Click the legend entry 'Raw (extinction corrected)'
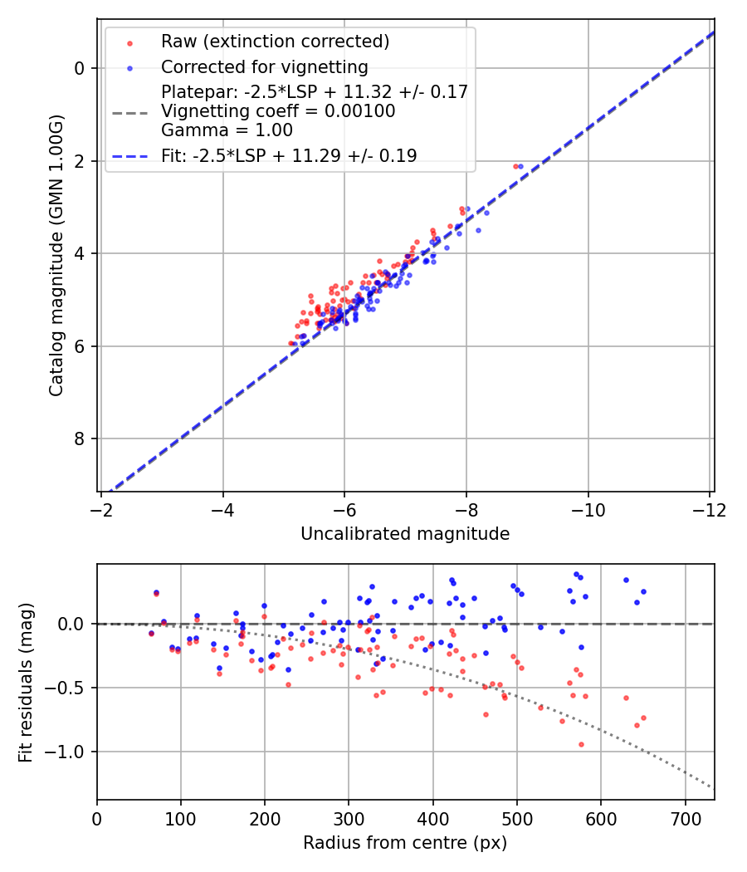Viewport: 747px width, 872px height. pyautogui.click(x=275, y=42)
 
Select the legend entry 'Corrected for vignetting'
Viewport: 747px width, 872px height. pyautogui.click(x=264, y=66)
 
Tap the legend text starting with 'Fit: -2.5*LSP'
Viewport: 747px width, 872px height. pyautogui.click(x=289, y=155)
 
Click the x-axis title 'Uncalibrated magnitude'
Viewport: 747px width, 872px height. pyautogui.click(x=405, y=534)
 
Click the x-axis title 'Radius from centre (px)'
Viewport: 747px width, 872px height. pyautogui.click(x=405, y=843)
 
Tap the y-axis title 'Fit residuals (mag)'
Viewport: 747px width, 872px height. pyautogui.click(x=27, y=682)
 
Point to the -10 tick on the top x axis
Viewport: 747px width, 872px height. pyautogui.click(x=588, y=509)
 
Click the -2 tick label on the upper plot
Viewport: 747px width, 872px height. pyautogui.click(x=101, y=509)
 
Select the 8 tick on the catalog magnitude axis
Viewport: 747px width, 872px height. pyautogui.click(x=80, y=438)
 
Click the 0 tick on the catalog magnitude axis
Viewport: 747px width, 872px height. pyautogui.click(x=80, y=68)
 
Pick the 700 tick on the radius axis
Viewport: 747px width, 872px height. pyautogui.click(x=685, y=818)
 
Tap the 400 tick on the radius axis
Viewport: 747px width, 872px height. pyautogui.click(x=432, y=818)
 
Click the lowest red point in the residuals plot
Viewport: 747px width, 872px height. pyautogui.click(x=581, y=744)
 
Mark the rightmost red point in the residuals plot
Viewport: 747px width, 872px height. pyautogui.click(x=643, y=718)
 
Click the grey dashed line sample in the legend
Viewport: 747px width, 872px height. pyautogui.click(x=129, y=111)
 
